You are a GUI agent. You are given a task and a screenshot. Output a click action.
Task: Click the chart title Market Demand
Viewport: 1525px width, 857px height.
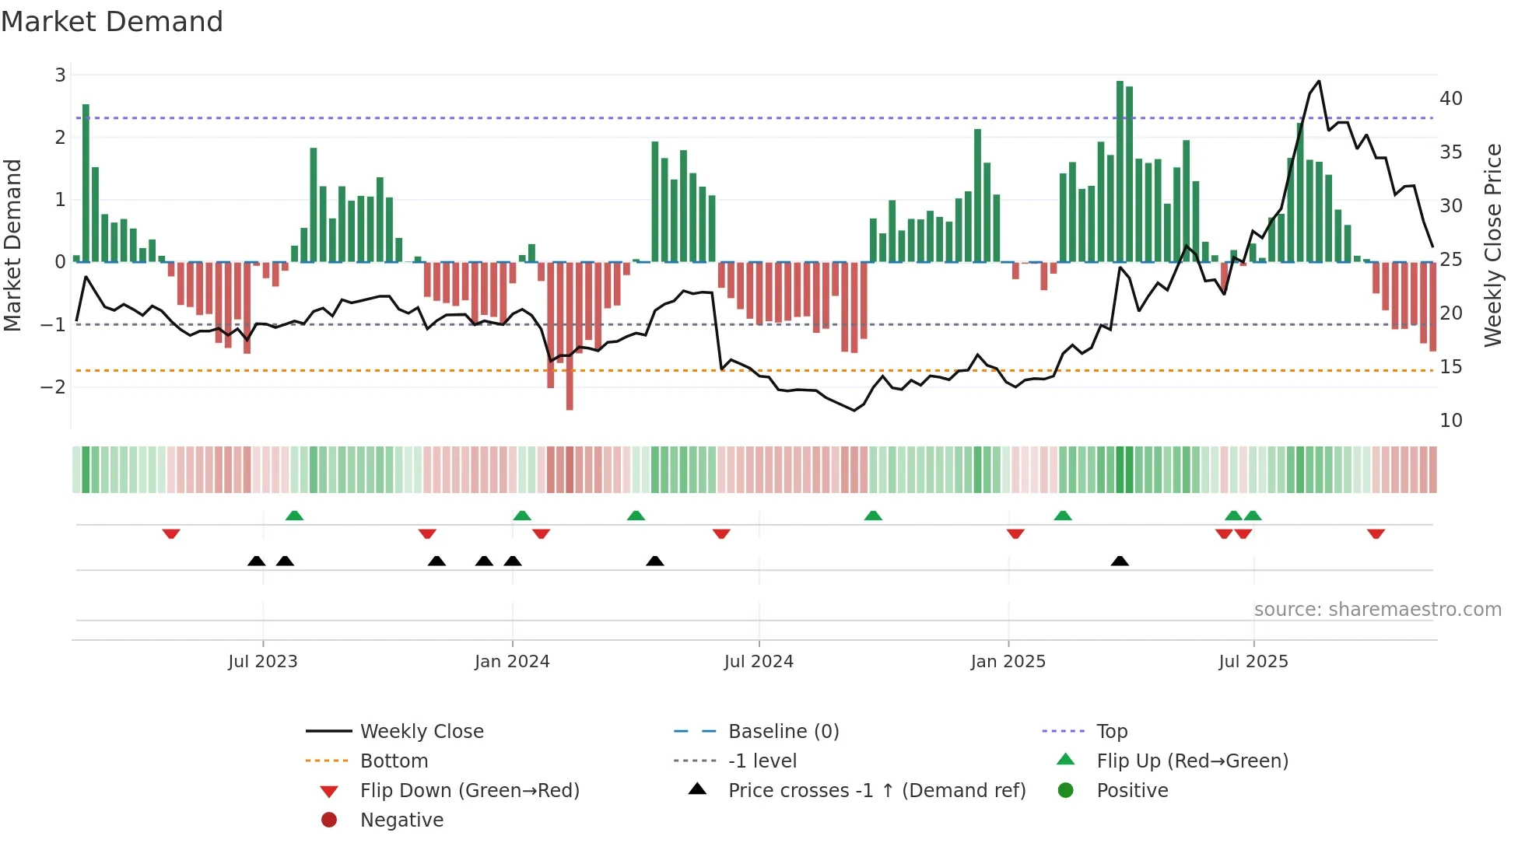point(112,22)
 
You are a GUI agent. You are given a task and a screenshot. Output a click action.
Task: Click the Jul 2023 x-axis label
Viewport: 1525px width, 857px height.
point(263,662)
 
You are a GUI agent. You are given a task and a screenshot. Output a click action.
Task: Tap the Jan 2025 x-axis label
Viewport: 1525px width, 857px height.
point(1008,662)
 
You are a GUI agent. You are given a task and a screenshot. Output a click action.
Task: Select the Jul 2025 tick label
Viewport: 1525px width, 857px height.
point(1253,662)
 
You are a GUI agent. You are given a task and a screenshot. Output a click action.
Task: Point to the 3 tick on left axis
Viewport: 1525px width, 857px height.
point(60,75)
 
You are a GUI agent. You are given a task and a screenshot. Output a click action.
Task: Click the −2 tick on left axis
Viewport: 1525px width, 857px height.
point(54,387)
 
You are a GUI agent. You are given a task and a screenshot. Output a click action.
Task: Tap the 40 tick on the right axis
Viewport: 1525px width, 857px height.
point(1450,99)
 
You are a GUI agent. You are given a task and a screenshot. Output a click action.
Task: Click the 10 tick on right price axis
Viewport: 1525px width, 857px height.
point(1450,421)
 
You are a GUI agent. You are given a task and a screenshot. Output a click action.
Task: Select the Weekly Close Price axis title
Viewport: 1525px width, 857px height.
point(1492,245)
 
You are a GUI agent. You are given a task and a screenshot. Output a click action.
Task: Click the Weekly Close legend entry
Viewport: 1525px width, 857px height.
point(421,732)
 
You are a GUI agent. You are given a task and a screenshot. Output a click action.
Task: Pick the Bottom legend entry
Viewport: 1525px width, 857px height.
point(394,761)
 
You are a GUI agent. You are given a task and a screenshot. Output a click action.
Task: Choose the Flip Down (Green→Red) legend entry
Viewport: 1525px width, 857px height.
point(469,791)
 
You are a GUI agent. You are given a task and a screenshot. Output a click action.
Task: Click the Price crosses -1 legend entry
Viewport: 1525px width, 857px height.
point(876,791)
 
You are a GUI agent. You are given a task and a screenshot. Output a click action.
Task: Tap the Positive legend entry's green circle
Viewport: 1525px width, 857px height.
point(1066,791)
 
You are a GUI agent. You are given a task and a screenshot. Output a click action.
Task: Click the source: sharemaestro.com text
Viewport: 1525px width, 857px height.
point(1377,610)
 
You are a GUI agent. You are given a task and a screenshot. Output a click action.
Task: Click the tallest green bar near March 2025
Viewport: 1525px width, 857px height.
point(1120,171)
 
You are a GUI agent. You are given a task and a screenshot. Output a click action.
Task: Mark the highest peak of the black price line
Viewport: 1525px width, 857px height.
point(1319,81)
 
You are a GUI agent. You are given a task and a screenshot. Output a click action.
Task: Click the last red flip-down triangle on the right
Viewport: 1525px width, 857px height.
point(1376,533)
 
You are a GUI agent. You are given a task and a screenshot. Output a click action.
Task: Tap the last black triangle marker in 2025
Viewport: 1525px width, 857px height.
point(1120,561)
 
